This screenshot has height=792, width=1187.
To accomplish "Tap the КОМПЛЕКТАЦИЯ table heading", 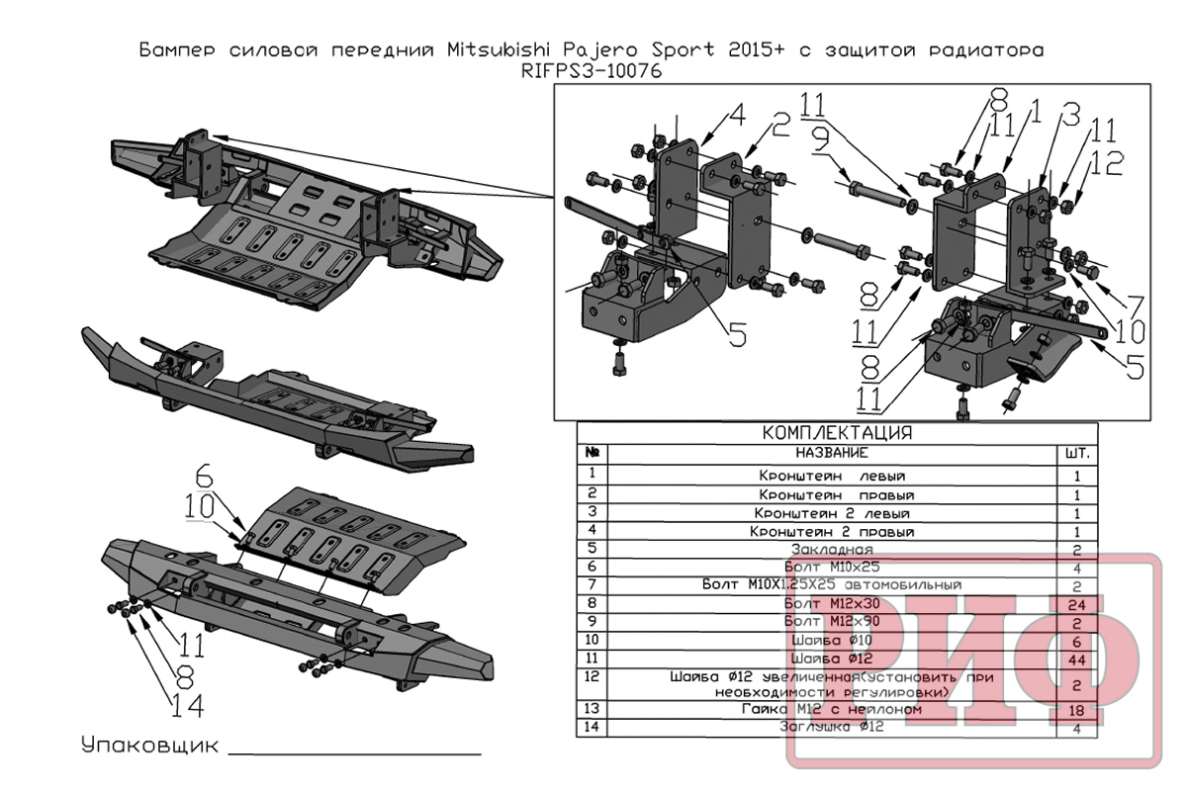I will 837,433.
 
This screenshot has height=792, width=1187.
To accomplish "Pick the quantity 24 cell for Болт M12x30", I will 1077,603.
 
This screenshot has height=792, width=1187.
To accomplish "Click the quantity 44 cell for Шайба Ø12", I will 1077,658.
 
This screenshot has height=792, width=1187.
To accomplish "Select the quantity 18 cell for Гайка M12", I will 1077,710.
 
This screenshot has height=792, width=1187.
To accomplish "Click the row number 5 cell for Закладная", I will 592,548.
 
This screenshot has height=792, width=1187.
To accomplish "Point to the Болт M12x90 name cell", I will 830,621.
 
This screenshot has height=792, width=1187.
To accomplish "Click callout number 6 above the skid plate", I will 204,473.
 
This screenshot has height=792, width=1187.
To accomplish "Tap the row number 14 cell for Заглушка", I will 592,728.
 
